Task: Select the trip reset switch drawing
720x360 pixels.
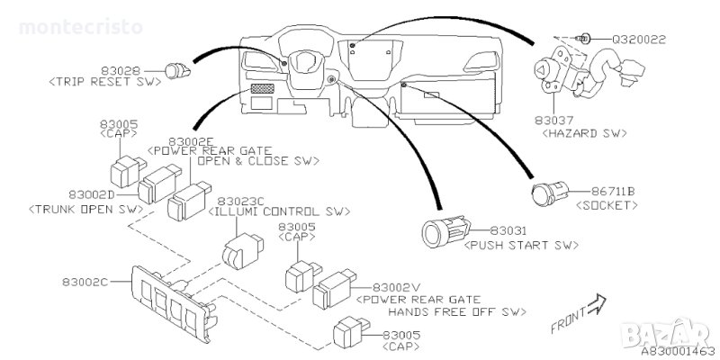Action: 177,71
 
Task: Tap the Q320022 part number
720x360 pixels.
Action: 639,40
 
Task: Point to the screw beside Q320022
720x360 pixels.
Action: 583,39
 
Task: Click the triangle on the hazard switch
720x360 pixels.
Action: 541,70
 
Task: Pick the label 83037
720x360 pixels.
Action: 553,121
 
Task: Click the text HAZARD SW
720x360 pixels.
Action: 584,133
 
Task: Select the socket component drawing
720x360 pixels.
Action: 549,193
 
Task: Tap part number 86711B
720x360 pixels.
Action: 613,192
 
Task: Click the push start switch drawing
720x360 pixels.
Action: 445,231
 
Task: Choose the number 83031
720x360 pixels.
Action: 508,231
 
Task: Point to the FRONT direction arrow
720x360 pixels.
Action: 597,304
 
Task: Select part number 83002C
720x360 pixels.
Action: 85,282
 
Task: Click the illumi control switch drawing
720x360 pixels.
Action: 242,250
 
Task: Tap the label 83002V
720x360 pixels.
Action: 396,287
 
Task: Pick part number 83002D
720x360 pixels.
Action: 92,194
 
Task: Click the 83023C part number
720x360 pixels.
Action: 240,201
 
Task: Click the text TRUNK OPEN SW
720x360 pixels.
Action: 85,210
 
